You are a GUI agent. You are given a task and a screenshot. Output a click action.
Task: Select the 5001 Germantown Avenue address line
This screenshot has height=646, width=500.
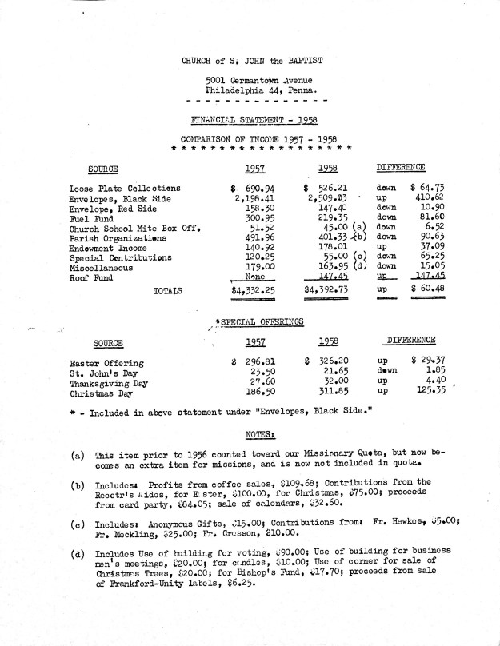pos(258,81)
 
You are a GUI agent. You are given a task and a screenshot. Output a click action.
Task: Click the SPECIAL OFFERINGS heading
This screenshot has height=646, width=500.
pos(255,321)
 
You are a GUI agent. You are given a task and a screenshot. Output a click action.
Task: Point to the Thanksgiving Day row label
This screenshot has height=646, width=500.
pos(110,384)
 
